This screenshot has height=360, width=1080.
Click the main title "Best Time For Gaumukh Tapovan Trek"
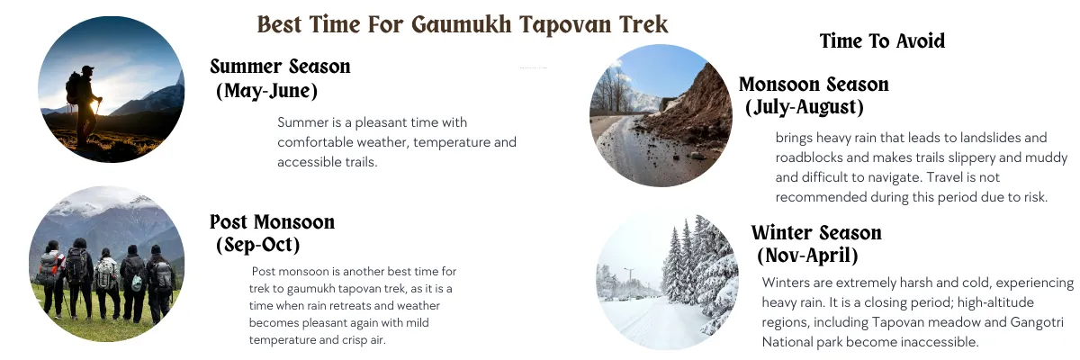463,23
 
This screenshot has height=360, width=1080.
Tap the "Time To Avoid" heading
882,41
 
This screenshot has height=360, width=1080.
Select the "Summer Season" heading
280,67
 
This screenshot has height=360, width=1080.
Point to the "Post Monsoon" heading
272,222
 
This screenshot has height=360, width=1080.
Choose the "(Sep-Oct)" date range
258,244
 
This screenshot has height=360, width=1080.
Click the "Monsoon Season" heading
814,85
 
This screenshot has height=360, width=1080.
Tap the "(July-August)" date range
805,107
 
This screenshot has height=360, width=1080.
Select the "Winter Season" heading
816,233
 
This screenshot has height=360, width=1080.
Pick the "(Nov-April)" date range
807,255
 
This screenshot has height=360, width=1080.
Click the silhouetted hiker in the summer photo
84,103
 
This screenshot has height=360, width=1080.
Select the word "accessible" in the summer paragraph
310,162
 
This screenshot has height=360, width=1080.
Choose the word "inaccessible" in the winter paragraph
936,342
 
